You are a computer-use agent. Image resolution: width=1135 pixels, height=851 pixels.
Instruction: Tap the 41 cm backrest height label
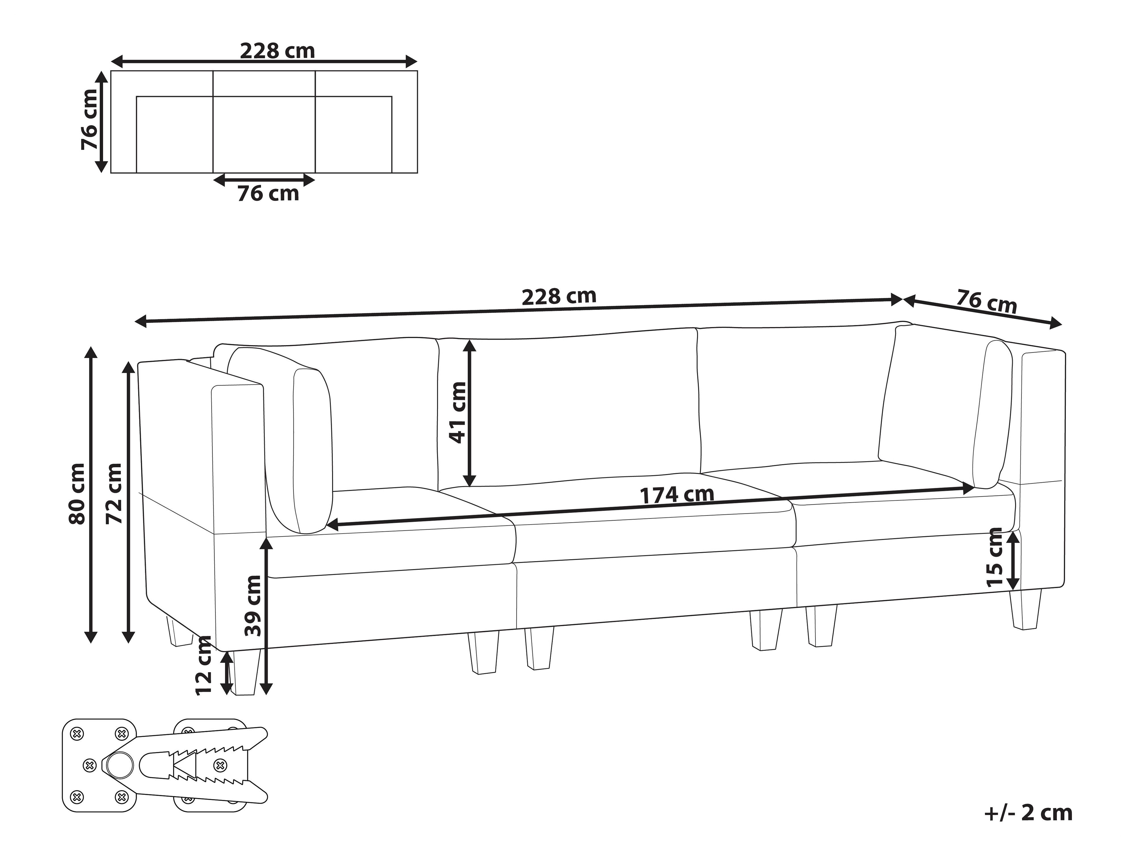457,412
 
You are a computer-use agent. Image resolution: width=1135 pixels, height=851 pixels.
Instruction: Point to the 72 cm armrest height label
114,494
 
